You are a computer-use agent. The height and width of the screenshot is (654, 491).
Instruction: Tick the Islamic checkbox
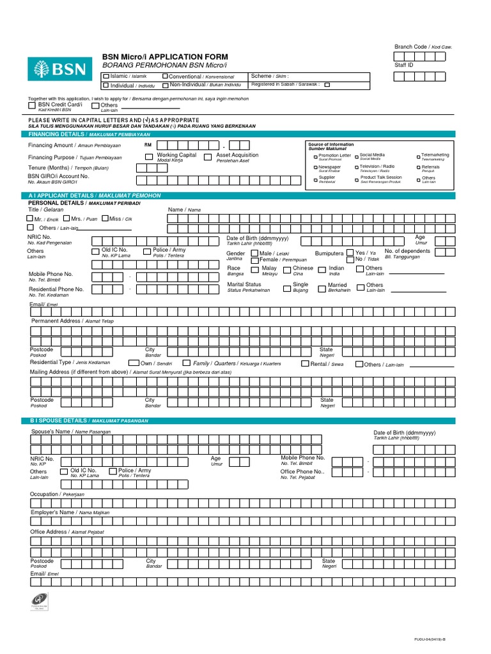(x=106, y=77)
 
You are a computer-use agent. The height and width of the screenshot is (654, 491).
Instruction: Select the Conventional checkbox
(x=164, y=77)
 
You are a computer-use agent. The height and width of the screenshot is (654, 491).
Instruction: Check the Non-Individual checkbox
(x=165, y=86)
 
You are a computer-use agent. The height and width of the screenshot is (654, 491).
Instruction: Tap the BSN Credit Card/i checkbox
(x=33, y=105)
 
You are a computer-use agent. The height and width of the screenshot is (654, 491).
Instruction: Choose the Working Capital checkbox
(x=149, y=156)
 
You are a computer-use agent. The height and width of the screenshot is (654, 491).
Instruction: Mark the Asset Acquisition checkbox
(x=208, y=156)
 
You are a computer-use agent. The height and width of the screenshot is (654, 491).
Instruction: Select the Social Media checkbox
(x=356, y=155)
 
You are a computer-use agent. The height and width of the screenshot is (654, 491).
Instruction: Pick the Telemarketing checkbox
(x=418, y=155)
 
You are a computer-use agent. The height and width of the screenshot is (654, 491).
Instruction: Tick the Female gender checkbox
(x=255, y=260)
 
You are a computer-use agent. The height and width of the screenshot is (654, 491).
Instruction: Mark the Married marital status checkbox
(x=322, y=286)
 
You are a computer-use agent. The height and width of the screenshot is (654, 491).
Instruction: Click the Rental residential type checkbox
(x=305, y=364)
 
